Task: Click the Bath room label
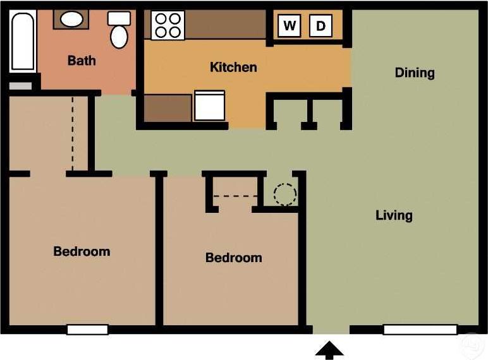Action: (82, 61)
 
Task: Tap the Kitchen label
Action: (233, 67)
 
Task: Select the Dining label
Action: (415, 73)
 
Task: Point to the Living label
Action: (394, 215)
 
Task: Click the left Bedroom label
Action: (82, 251)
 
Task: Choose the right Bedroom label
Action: (233, 258)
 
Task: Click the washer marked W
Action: (290, 26)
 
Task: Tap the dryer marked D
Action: (320, 26)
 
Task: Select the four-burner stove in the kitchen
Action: (168, 25)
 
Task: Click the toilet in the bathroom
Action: (119, 30)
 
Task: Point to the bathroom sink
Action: (71, 19)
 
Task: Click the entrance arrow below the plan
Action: (329, 349)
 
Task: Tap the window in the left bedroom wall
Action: (87, 330)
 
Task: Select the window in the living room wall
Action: (420, 330)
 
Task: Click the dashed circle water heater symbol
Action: (284, 193)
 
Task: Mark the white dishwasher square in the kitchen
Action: (209, 105)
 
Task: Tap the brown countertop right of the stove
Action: (225, 25)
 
